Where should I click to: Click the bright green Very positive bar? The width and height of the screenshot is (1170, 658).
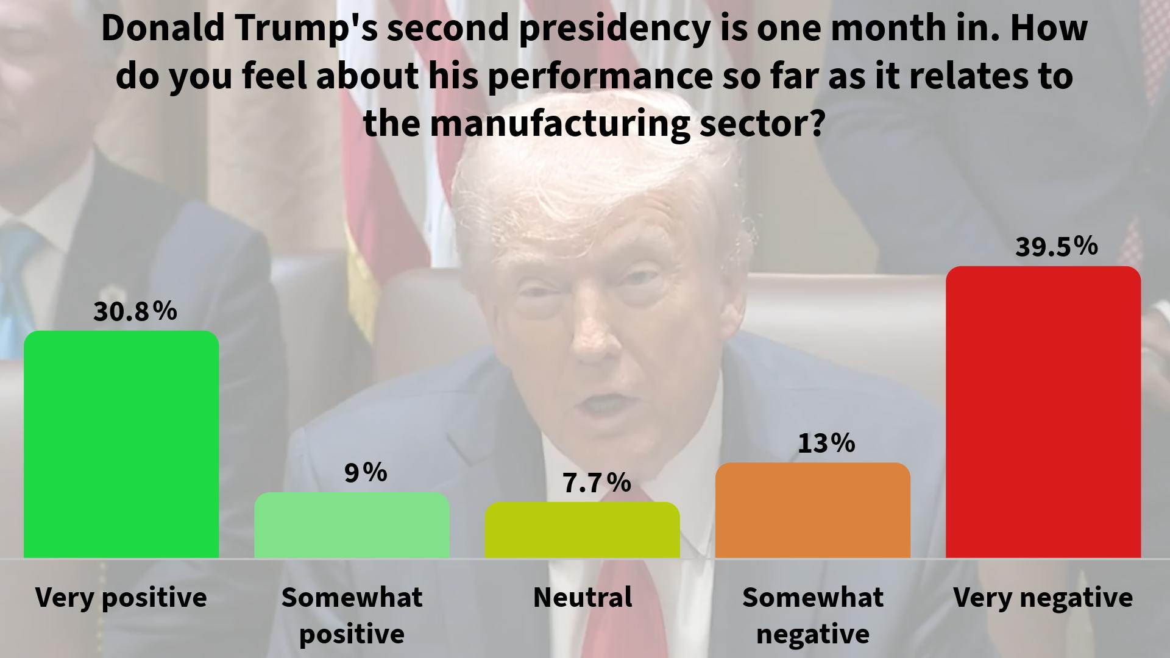tap(121, 445)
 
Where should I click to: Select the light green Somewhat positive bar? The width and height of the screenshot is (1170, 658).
tap(352, 525)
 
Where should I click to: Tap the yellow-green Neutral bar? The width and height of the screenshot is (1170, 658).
tap(582, 530)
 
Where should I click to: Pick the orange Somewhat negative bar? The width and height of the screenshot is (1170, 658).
tap(812, 511)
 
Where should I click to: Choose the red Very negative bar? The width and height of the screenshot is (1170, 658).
tap(1043, 412)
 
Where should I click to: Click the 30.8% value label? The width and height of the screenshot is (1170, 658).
tap(135, 311)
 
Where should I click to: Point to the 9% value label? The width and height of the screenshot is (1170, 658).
tap(366, 473)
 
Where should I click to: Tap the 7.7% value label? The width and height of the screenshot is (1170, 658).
tap(596, 483)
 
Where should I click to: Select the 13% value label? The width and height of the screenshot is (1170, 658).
tap(826, 443)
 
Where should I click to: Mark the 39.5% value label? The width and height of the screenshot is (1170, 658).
tap(1056, 247)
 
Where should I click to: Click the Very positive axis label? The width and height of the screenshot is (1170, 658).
tap(121, 598)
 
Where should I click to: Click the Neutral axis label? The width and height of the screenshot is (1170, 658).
tap(583, 598)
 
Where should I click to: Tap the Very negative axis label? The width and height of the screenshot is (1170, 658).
tap(1043, 598)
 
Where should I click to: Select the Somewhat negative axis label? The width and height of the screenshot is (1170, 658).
tap(812, 615)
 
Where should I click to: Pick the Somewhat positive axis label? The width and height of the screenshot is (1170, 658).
tap(352, 615)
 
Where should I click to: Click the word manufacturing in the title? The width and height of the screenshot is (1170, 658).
tap(560, 124)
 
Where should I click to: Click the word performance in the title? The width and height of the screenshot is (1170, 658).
tap(600, 76)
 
